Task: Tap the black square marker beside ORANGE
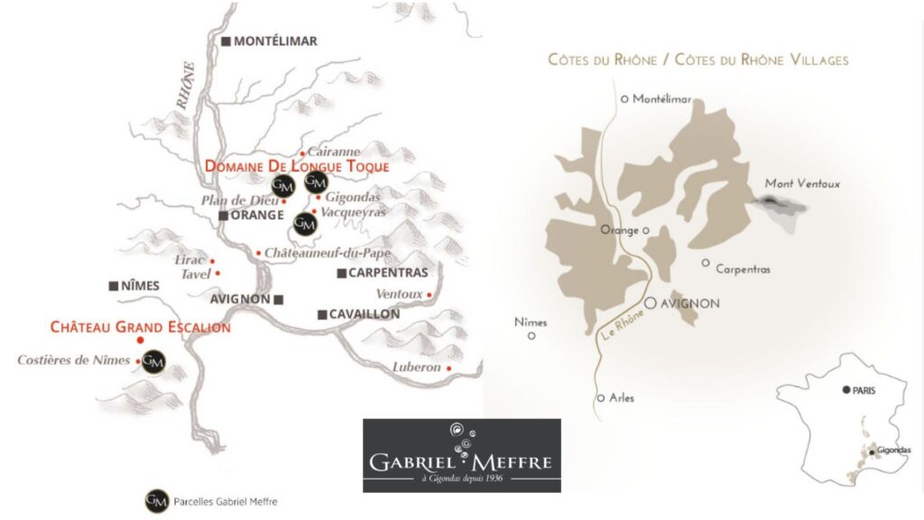click(224, 216)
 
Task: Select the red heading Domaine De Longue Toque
click(297, 167)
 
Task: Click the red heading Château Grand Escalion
click(140, 327)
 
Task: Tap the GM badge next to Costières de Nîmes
click(155, 360)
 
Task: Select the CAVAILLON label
click(365, 314)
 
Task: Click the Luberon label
click(416, 367)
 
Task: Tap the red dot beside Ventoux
click(430, 294)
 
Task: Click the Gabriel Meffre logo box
click(461, 455)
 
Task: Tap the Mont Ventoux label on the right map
click(802, 184)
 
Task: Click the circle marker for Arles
click(600, 398)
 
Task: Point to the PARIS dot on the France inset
click(845, 390)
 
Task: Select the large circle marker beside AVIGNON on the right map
click(651, 304)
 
